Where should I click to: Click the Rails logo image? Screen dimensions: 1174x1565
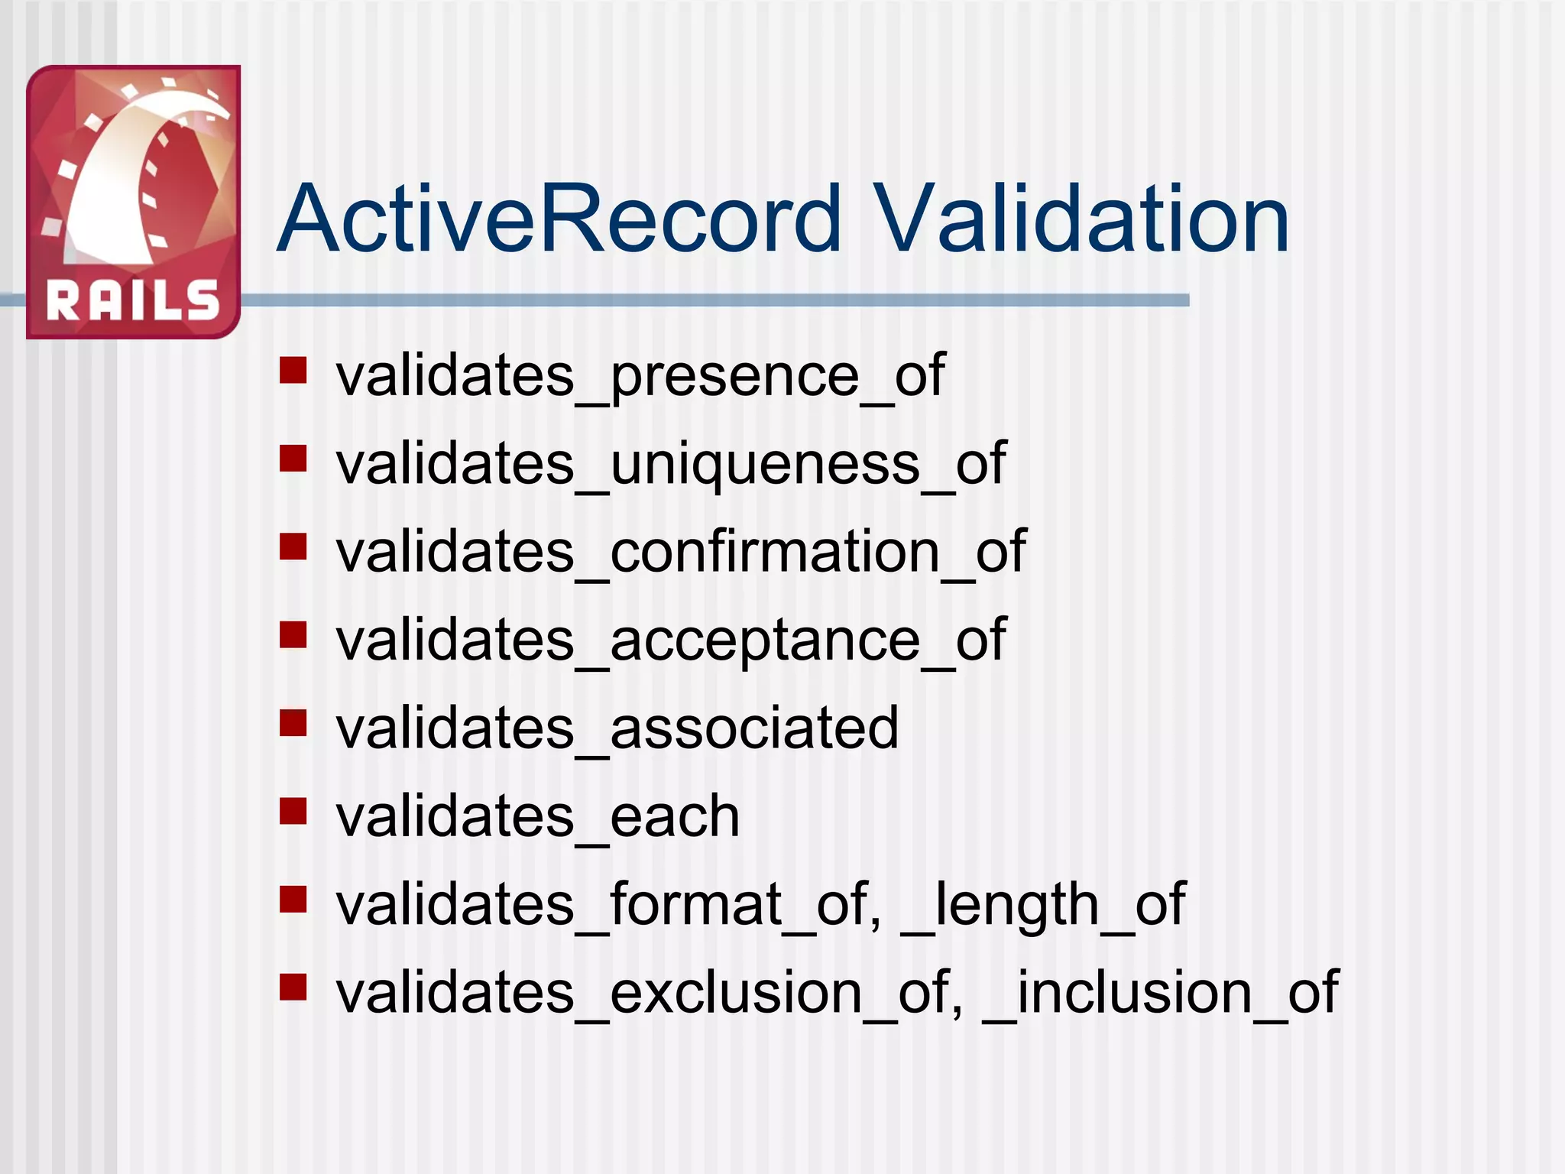click(x=133, y=202)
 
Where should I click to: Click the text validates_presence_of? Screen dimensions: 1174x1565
click(x=640, y=376)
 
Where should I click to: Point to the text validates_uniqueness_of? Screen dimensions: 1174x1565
click(x=671, y=464)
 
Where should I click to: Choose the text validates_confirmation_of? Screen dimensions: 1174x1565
click(x=681, y=552)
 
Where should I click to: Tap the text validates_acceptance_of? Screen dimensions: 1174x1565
click(x=671, y=640)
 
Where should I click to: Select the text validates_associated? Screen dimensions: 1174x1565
click(x=617, y=728)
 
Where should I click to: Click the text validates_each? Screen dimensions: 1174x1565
click(x=538, y=816)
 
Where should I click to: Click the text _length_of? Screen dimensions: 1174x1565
click(x=1043, y=904)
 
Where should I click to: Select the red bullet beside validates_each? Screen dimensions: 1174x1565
click(x=293, y=811)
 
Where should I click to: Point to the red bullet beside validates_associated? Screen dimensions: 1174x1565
click(x=293, y=722)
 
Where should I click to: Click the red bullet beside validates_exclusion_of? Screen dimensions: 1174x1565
click(x=293, y=987)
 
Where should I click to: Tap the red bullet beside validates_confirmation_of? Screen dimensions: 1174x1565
click(x=293, y=546)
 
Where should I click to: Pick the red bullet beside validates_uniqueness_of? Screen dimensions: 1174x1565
click(x=293, y=459)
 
